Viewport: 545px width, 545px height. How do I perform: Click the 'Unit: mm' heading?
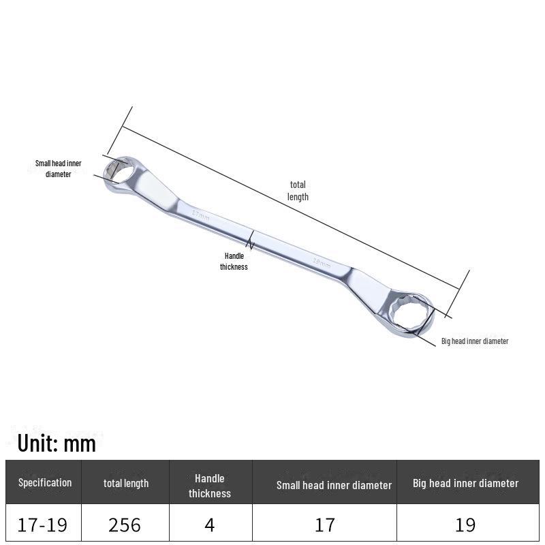[57, 443]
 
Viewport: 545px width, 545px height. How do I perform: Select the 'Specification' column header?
[45, 482]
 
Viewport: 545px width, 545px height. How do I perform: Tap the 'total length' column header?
[126, 483]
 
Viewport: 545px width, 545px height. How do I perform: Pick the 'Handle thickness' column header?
[210, 486]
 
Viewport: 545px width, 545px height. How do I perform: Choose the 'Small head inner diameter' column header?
[334, 485]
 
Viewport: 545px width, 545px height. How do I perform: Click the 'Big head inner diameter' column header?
[466, 483]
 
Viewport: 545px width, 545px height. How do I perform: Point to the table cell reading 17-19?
[42, 525]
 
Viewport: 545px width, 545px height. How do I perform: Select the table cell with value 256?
[125, 525]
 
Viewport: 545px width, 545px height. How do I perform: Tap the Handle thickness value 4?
[210, 525]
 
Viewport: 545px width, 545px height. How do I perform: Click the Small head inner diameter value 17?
[325, 525]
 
